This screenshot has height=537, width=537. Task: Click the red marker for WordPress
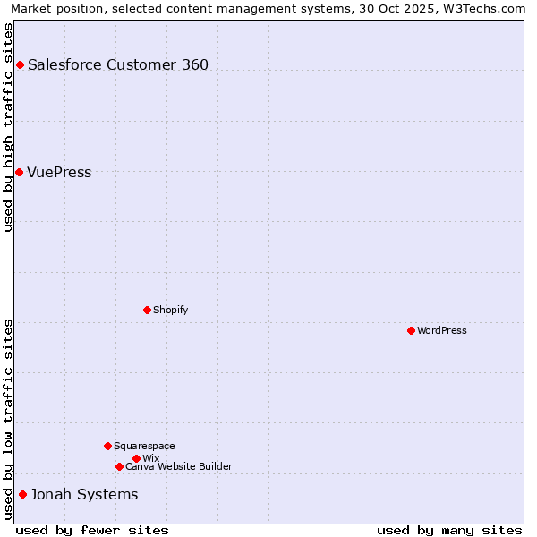411,330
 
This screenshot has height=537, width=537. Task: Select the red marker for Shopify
147,310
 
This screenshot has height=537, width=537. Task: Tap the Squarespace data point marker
107,446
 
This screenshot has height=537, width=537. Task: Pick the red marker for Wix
136,458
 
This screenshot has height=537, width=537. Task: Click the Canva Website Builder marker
119,466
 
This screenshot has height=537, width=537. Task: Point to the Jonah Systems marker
22,494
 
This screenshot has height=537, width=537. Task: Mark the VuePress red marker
19,172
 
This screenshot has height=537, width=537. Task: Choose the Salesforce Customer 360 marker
20,64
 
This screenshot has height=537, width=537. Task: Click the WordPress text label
442,330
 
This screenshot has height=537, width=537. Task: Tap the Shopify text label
170,310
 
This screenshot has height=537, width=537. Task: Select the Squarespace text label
144,446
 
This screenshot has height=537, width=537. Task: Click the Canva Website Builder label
179,466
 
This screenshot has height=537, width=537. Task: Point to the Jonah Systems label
84,494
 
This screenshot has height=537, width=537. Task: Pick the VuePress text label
59,172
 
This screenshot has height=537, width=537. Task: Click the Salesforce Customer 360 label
118,64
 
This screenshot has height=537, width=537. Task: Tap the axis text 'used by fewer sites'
92,530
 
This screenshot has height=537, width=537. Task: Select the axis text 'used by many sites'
449,530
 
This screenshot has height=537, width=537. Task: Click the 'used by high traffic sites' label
8,127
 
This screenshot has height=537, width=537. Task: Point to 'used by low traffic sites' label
8,419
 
